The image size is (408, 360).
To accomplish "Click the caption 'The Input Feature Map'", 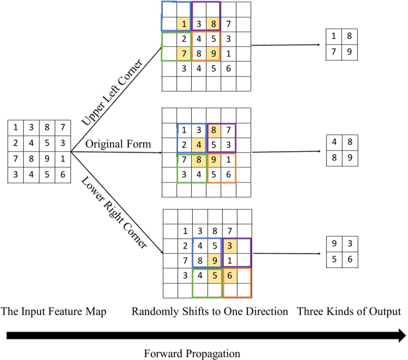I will click(53, 312).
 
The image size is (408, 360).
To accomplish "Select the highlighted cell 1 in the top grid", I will click(184, 23).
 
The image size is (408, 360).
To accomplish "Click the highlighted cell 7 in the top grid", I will click(184, 53).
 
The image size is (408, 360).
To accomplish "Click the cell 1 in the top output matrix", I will click(333, 37).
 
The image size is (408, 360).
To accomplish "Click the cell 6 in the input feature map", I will click(61, 173).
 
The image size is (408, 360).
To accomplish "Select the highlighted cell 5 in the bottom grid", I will click(214, 276).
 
